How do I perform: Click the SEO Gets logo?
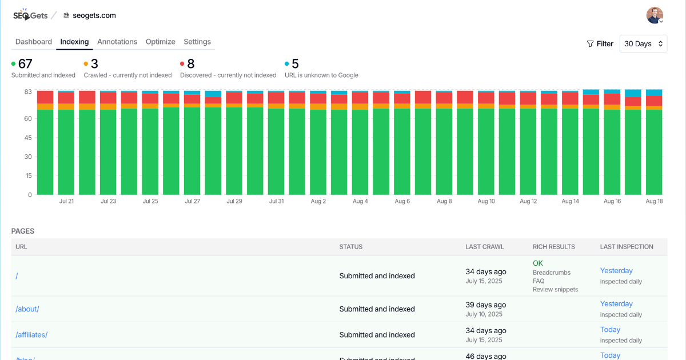[30, 15]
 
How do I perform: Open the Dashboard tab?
[34, 42]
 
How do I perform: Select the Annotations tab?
[117, 42]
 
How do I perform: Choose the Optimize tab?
[160, 42]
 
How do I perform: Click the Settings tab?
[197, 42]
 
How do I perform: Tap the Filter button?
[600, 44]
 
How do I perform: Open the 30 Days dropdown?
[643, 44]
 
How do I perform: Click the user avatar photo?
[655, 15]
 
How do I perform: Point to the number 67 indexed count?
[25, 64]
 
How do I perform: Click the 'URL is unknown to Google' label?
[321, 75]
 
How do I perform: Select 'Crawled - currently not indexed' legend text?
[127, 75]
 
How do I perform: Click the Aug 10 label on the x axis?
[486, 201]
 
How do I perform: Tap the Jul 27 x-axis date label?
[193, 201]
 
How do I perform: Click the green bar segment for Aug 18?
[654, 152]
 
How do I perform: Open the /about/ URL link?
[27, 309]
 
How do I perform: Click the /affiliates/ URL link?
[31, 335]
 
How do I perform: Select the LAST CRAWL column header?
[485, 247]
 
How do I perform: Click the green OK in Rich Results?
[538, 263]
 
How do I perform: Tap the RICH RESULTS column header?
[553, 247]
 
